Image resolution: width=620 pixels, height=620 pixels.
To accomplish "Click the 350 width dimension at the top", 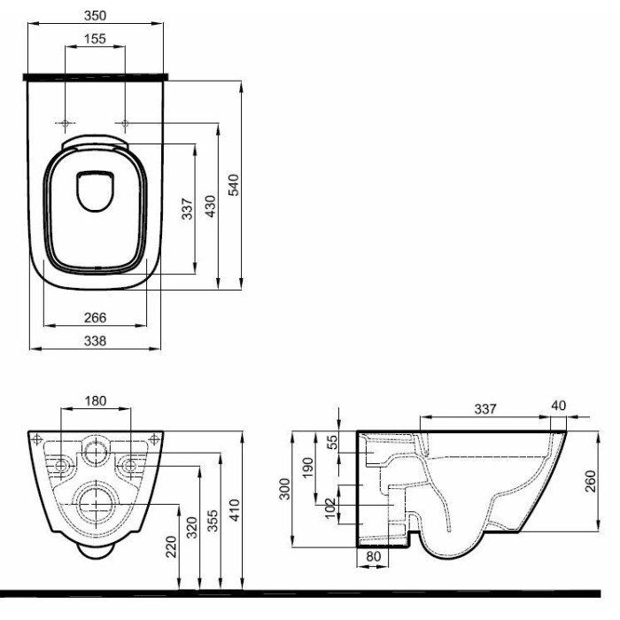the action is tap(96, 15).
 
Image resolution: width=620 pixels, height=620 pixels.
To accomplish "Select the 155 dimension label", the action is tap(96, 39).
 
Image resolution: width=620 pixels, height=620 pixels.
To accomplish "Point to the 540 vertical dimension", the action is tap(234, 184).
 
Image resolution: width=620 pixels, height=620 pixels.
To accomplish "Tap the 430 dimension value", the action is tap(211, 206).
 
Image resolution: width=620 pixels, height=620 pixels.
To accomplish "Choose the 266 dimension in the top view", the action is tap(96, 317).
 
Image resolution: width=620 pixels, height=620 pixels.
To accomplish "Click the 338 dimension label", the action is tap(96, 341).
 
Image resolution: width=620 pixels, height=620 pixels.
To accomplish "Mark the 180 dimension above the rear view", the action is tap(96, 401).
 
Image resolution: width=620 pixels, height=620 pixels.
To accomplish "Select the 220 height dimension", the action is tap(171, 546).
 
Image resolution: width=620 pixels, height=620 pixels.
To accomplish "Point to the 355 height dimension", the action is tap(213, 521).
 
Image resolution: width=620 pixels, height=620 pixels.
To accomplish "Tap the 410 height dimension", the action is tap(235, 510).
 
